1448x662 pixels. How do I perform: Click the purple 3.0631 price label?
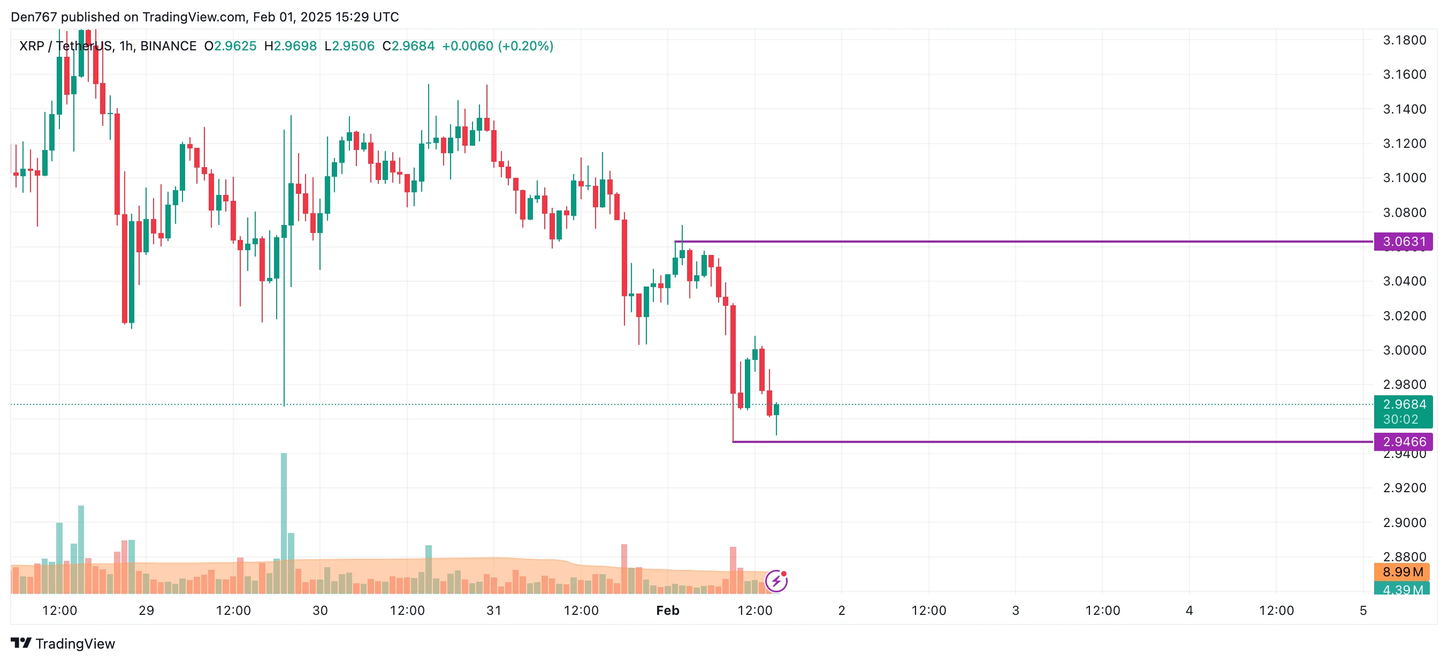(1403, 242)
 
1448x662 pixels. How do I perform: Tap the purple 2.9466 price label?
(1403, 441)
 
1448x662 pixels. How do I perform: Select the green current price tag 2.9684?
(1403, 404)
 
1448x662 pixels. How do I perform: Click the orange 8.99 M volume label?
(1402, 572)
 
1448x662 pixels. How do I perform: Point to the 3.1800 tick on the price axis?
(1404, 40)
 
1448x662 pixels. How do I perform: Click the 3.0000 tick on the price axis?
(1404, 350)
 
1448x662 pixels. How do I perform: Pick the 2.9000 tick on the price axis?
(1404, 523)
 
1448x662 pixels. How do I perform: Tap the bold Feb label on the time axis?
(667, 611)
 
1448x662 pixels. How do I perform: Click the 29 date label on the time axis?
(146, 611)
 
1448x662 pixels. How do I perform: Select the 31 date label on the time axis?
(493, 611)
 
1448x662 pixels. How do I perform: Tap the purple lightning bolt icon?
(776, 581)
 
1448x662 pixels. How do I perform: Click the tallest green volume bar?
(284, 523)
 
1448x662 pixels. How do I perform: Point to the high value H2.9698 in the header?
(291, 46)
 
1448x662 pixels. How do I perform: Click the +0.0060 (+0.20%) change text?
(498, 46)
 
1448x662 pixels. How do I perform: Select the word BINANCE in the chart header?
(168, 46)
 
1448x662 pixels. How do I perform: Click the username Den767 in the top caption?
(34, 17)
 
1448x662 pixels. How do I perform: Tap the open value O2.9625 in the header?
(231, 46)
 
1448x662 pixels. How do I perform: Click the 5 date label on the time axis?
(1362, 611)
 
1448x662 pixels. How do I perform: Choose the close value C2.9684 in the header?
(409, 46)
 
